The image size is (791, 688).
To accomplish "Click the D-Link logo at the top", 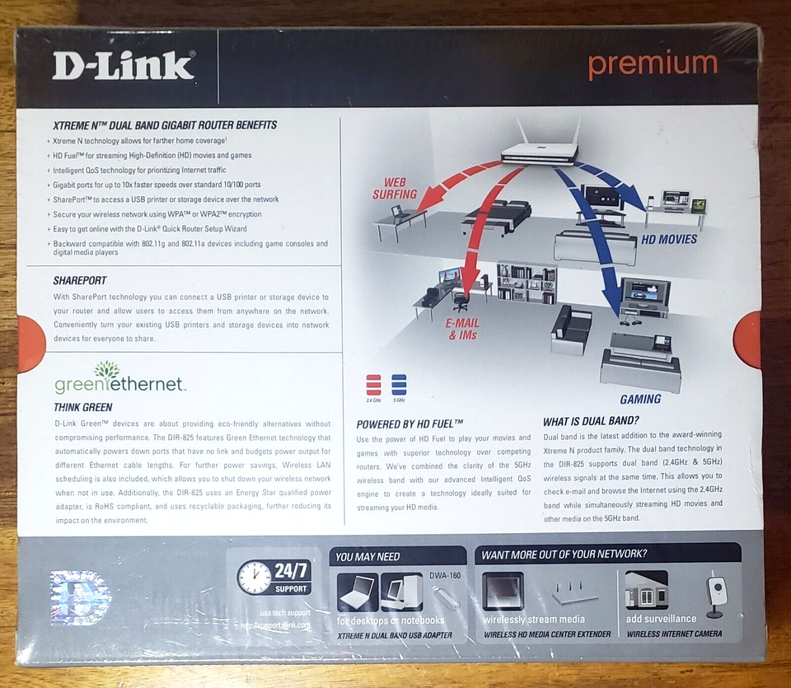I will click(x=123, y=65).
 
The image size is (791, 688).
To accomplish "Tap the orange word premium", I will click(x=653, y=65).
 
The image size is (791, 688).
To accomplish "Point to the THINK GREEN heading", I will click(x=82, y=407).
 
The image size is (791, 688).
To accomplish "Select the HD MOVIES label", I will click(x=669, y=240).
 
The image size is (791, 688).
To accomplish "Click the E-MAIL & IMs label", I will click(x=462, y=330).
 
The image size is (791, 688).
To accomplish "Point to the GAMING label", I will click(x=640, y=399).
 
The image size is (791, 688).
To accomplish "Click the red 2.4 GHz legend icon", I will click(x=373, y=384).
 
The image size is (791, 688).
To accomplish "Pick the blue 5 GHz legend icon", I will click(x=399, y=384).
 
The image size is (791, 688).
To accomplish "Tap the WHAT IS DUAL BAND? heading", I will click(x=591, y=421).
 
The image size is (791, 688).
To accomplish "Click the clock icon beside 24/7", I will click(x=254, y=577).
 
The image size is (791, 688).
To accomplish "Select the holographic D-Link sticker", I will click(x=80, y=597).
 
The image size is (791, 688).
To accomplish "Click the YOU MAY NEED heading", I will click(x=367, y=556).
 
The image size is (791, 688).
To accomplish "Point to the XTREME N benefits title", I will click(x=164, y=125).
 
